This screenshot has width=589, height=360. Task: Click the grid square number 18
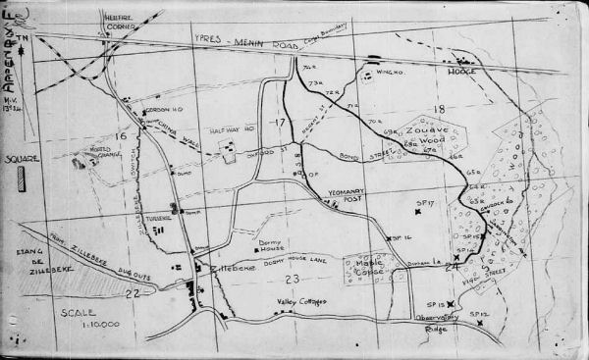point(439,110)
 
